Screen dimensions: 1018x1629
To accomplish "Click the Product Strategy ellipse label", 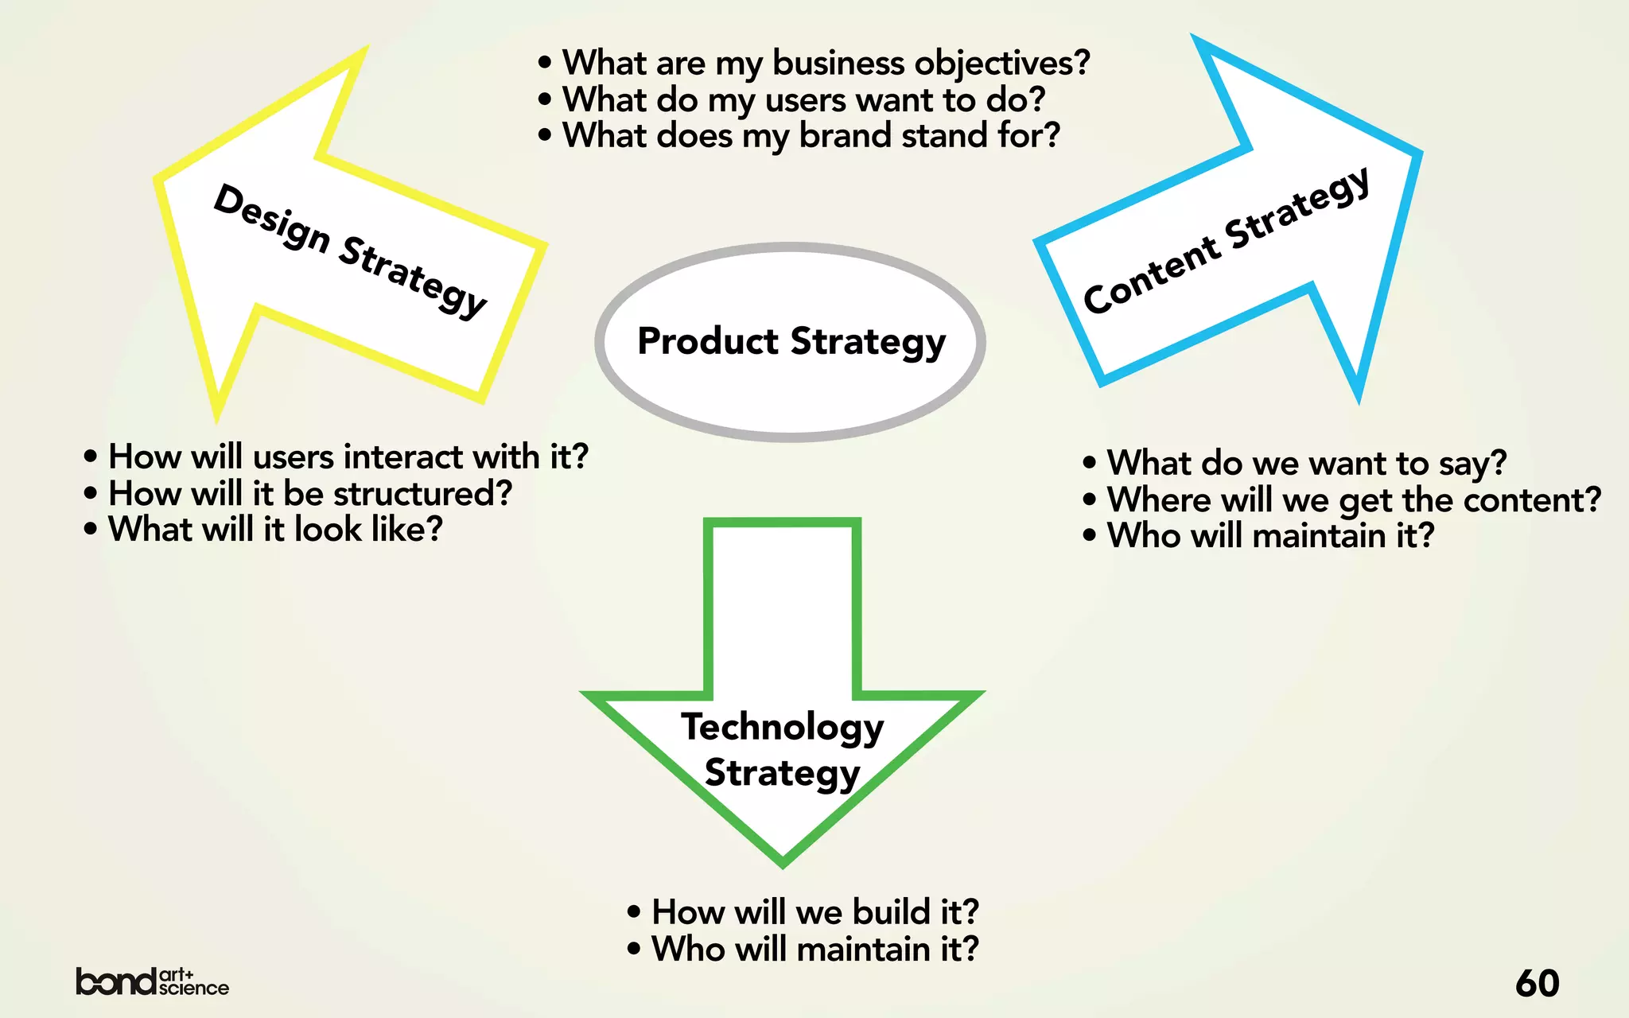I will (x=791, y=341).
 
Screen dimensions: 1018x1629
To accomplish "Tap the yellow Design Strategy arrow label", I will (x=350, y=250).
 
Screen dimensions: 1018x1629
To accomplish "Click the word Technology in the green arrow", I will (x=783, y=727).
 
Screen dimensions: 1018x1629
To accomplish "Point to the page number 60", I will (x=1537, y=983).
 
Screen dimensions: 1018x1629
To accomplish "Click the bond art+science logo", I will (x=152, y=982).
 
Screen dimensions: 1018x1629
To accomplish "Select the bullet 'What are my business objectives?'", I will (x=826, y=63).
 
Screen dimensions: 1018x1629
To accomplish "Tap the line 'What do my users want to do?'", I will (x=803, y=99).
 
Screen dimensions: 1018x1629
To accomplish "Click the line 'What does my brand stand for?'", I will (x=811, y=135).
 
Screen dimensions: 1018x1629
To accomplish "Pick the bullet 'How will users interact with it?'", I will (x=348, y=457).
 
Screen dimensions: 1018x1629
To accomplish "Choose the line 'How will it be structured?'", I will (x=310, y=494).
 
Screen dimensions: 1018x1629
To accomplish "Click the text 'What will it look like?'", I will (x=275, y=530).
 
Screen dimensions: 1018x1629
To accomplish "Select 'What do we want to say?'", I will (x=1306, y=463).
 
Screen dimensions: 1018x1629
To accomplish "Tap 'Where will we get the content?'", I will (x=1354, y=500).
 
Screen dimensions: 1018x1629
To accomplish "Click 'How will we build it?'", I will (x=814, y=912).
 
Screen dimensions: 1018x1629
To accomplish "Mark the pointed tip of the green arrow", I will (x=783, y=864).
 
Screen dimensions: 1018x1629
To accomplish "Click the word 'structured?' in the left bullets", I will (x=422, y=494).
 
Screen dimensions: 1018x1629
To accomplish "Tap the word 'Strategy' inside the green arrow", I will (x=783, y=773).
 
